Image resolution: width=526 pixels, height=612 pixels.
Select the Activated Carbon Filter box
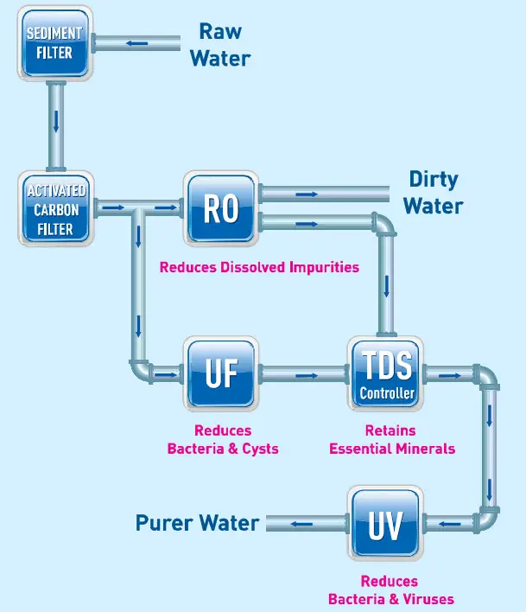point(55,208)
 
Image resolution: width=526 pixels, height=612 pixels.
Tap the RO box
point(221,208)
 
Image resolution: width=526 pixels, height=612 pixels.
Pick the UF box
point(221,374)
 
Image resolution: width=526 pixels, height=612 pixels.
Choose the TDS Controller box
point(387,374)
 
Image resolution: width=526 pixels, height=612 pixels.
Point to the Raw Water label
point(220,45)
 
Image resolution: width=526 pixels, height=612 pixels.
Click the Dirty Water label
point(434,193)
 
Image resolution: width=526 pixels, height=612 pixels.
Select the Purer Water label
point(197,523)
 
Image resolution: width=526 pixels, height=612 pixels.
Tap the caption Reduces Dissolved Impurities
point(259,267)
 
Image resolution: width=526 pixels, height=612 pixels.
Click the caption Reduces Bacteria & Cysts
point(223,439)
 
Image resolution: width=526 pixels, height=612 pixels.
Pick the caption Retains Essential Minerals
point(391,439)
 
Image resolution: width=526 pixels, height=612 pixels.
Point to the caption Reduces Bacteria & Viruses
point(390,590)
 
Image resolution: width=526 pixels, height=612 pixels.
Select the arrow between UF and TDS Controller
point(304,375)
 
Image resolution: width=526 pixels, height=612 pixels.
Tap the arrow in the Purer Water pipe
point(301,523)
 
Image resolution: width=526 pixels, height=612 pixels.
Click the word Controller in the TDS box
point(387,393)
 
